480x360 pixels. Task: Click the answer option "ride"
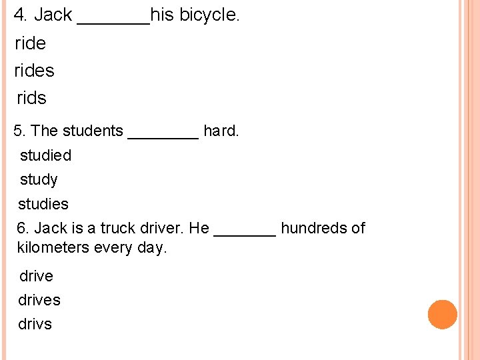click(x=31, y=43)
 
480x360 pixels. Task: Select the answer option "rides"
click(x=35, y=71)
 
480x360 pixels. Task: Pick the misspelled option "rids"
click(x=31, y=98)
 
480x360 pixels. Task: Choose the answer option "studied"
click(x=45, y=155)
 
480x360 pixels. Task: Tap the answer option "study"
click(x=39, y=180)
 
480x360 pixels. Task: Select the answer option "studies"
click(x=43, y=204)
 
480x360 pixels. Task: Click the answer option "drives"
click(x=39, y=301)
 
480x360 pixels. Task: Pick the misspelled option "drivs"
click(x=35, y=325)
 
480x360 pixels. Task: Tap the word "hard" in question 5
click(x=219, y=131)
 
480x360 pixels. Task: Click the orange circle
click(x=442, y=315)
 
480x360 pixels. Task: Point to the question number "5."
click(x=20, y=131)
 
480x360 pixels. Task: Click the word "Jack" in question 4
click(x=53, y=15)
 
